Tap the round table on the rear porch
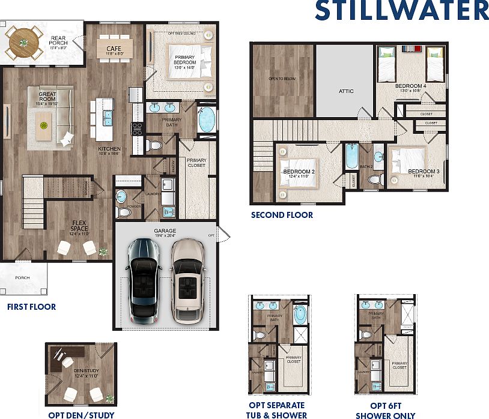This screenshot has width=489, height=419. [23, 42]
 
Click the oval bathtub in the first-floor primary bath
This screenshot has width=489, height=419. [207, 119]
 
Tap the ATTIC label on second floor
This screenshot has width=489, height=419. [346, 91]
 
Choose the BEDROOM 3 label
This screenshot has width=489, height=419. [424, 172]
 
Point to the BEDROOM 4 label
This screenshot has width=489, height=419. [411, 86]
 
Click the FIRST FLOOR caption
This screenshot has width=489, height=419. [31, 307]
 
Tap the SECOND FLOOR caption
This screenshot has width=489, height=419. [282, 215]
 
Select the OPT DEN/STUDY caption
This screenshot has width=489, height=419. [81, 414]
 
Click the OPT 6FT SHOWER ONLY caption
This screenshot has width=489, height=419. [385, 411]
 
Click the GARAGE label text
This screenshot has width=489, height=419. [165, 231]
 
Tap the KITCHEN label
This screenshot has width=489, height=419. [110, 149]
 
